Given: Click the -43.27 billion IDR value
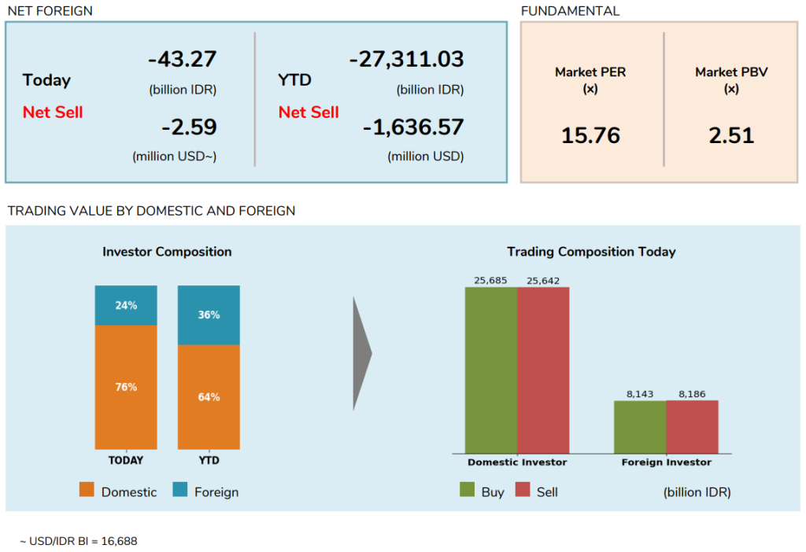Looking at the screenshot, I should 182,59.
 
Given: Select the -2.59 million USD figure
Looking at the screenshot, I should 189,127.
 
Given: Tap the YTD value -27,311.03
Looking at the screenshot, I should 406,59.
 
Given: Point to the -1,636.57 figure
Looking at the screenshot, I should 413,127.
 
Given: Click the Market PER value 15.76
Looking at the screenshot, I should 590,135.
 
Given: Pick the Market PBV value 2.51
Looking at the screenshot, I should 731,135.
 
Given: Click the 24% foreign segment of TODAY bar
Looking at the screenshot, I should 126,305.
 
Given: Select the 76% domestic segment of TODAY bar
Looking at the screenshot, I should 126,387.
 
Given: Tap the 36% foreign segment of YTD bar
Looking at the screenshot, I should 209,315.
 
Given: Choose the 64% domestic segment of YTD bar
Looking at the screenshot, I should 209,397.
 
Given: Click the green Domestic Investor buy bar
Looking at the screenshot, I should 491,370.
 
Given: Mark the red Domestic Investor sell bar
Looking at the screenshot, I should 543,370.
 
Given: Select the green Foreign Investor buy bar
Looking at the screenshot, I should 640,426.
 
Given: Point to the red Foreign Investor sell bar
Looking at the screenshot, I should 692,426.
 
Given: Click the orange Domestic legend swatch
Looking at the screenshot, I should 87,491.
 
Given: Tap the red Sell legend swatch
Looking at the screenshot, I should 523,491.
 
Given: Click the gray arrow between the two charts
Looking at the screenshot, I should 361,354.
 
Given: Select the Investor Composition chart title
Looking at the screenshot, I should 167,252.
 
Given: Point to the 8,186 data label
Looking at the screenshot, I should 692,393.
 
